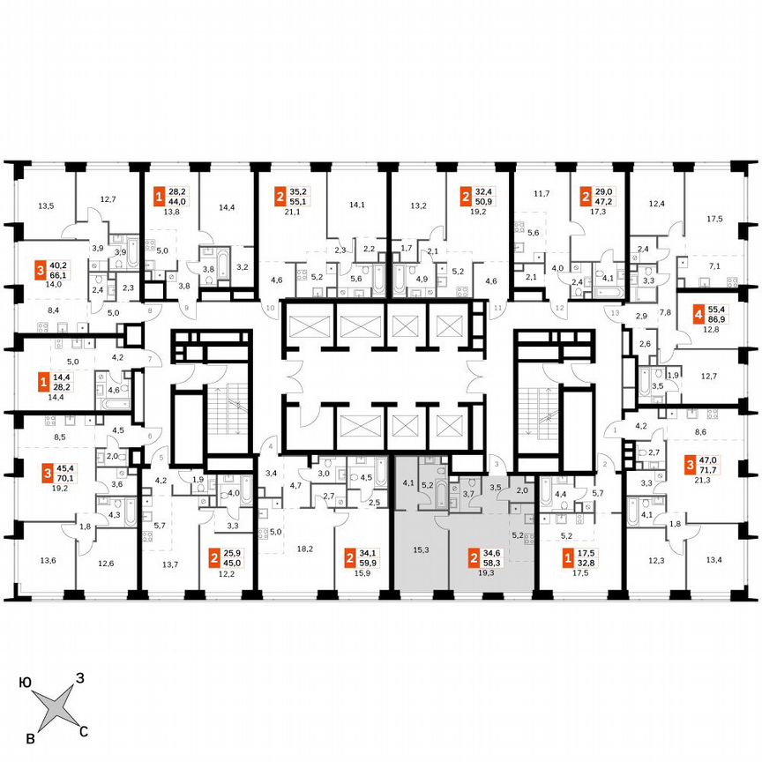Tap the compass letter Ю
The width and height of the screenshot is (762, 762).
26,682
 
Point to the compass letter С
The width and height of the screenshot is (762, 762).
84,730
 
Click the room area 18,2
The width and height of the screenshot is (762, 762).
306,548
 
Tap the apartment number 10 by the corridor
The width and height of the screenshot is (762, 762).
271,308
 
